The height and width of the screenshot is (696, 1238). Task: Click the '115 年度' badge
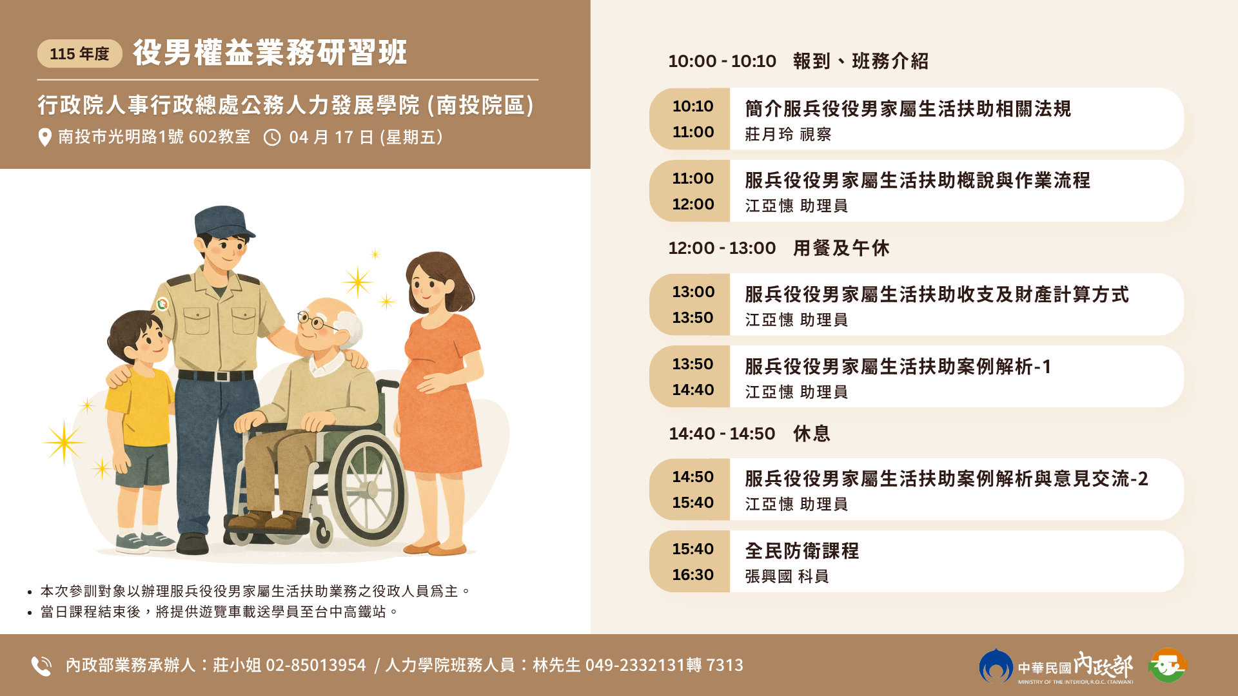click(80, 53)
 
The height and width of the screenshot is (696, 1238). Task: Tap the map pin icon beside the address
click(44, 137)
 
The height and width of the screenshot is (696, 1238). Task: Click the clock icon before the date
click(272, 137)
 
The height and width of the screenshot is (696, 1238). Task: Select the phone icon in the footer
click(41, 666)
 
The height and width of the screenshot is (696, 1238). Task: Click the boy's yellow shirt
click(141, 406)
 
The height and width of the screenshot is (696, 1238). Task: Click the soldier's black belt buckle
click(222, 376)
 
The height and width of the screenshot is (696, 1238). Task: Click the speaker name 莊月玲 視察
click(788, 134)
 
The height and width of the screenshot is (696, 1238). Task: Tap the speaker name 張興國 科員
click(787, 576)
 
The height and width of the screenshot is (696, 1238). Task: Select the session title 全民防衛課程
click(802, 551)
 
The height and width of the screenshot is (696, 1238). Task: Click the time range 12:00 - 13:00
click(722, 248)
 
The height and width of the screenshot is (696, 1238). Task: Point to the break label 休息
click(812, 434)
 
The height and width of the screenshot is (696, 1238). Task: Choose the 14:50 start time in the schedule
click(693, 477)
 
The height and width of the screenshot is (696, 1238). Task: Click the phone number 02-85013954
click(316, 665)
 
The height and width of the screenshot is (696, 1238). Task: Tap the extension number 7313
click(725, 665)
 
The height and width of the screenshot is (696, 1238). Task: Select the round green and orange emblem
click(1168, 666)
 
